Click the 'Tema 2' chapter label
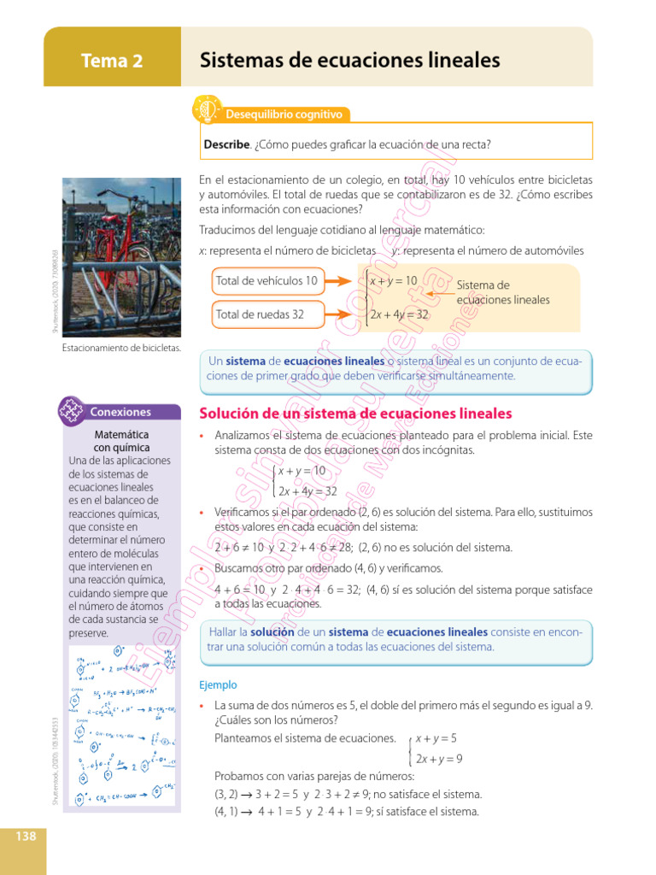click(x=112, y=61)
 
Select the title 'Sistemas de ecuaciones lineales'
click(x=349, y=61)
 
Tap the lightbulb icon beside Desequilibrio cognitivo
click(x=208, y=109)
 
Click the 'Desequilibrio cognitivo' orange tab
click(x=284, y=114)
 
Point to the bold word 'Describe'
click(x=226, y=144)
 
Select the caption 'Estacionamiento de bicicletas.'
click(x=121, y=348)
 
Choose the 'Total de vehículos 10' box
click(x=266, y=280)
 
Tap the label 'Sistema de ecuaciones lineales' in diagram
click(x=502, y=292)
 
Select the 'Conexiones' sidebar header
click(x=120, y=412)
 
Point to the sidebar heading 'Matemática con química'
click(x=121, y=441)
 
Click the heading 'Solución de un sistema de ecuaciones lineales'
click(x=355, y=414)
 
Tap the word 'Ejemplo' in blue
click(x=217, y=684)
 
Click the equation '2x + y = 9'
click(x=439, y=759)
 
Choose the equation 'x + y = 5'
click(x=436, y=737)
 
